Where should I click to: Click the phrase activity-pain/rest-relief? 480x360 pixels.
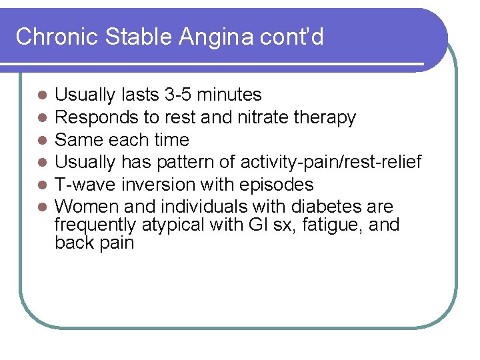click(x=331, y=162)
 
